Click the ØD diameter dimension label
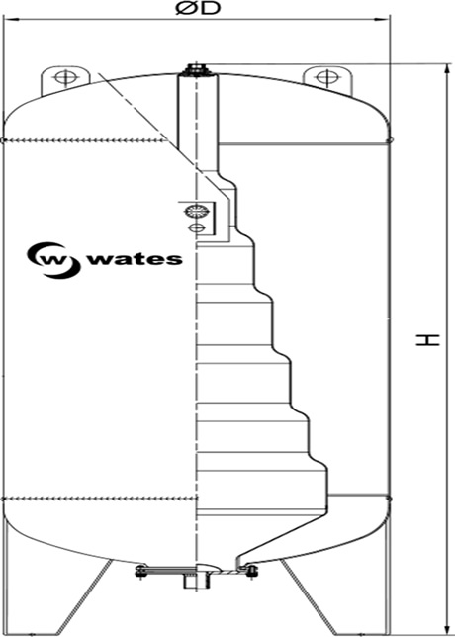pos(198,8)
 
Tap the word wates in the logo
pos(136,259)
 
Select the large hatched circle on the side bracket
pos(197,211)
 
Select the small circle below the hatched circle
pos(196,227)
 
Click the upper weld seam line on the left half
pos(85,141)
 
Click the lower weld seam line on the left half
pos(100,499)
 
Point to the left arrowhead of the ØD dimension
pos(10,19)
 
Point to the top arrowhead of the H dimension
pos(448,69)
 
